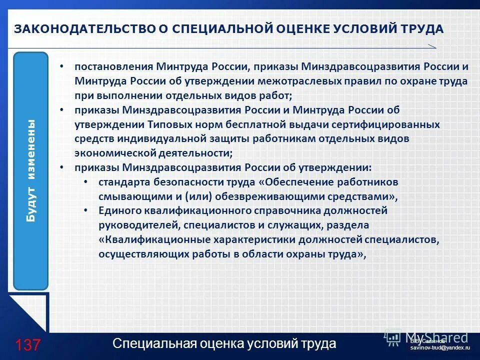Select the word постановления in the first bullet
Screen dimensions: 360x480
click(x=113, y=66)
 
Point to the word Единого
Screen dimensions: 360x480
click(x=117, y=211)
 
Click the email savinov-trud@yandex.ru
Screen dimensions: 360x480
click(x=440, y=346)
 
